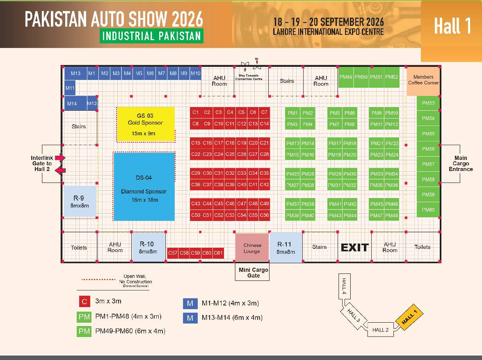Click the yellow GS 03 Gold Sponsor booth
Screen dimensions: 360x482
[x=146, y=124]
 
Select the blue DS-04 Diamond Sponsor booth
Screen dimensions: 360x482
[x=144, y=187]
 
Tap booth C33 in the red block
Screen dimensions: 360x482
[x=242, y=173]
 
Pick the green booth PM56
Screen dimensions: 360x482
[x=428, y=149]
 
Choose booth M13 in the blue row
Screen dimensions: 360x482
[x=75, y=73]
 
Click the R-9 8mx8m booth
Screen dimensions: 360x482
[x=80, y=201]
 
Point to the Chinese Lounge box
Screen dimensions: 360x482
[x=252, y=248]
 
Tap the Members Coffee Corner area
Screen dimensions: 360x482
[x=423, y=80]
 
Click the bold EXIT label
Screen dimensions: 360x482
[x=355, y=247]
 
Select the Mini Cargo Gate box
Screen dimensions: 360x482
[x=254, y=273]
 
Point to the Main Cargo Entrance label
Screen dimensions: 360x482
[x=461, y=164]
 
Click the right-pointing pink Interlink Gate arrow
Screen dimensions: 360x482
[x=61, y=157]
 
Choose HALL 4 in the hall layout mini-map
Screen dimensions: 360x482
[x=344, y=287]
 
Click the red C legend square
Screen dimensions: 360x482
[x=85, y=301]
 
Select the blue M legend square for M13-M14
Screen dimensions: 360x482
[x=190, y=318]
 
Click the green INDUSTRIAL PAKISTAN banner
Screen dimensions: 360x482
[x=151, y=36]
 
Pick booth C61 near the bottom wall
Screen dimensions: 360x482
[x=218, y=253]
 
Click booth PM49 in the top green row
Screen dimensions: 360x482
[x=346, y=77]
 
